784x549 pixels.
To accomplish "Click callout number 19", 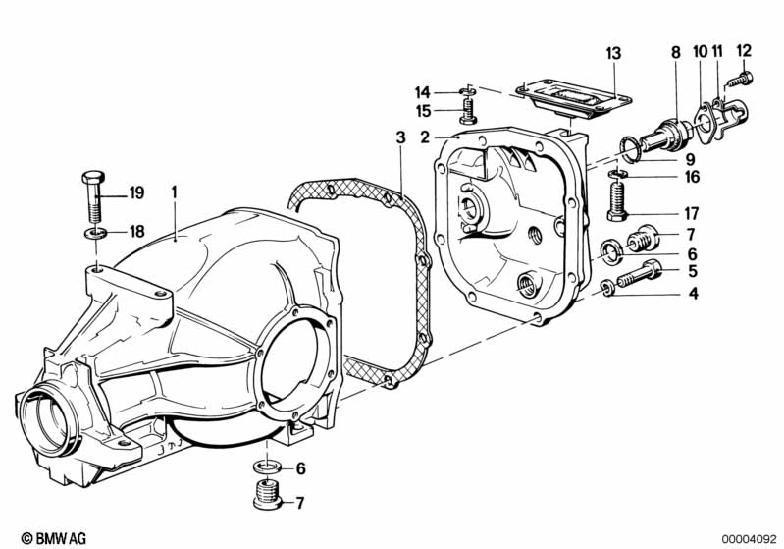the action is (135, 192).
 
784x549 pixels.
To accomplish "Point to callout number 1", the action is (174, 192).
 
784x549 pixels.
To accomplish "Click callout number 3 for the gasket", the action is (400, 137).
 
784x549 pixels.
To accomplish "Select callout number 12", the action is (743, 49).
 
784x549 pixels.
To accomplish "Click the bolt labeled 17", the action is (617, 204).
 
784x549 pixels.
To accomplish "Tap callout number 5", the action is (692, 270).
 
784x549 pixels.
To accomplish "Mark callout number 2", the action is (425, 137).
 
